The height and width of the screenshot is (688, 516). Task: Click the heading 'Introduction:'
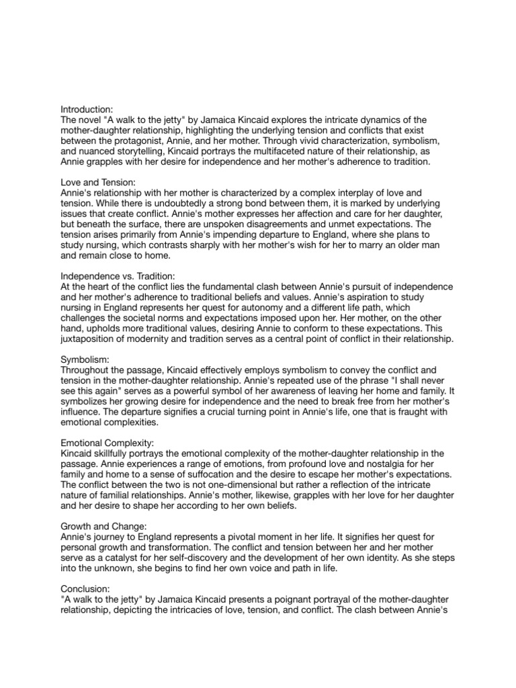point(87,108)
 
